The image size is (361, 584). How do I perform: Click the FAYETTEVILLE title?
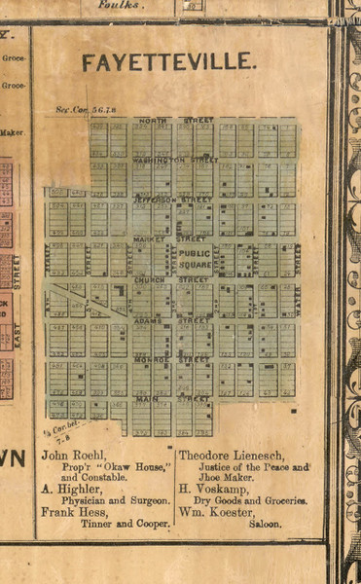point(169,63)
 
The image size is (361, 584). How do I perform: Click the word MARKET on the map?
point(151,238)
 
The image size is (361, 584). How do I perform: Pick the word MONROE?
point(152,359)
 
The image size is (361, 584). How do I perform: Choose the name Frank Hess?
point(74,510)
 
